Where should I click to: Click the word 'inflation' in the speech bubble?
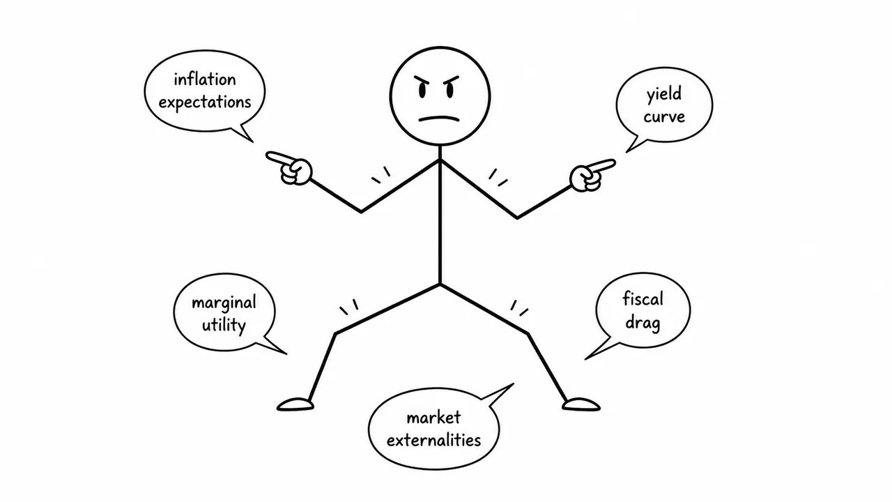tap(205, 79)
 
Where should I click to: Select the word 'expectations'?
tap(205, 102)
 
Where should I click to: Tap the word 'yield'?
tap(664, 95)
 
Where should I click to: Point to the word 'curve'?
tap(664, 116)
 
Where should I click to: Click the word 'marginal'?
tap(224, 303)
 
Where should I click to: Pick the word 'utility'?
tap(224, 325)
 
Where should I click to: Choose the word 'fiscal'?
tap(643, 299)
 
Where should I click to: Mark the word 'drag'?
tap(643, 322)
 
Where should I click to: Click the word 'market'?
tap(433, 418)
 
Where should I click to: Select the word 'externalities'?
tap(433, 440)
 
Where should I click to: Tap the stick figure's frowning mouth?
tap(439, 119)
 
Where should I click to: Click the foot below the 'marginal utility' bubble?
tap(295, 404)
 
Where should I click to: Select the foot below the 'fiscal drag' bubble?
tap(581, 404)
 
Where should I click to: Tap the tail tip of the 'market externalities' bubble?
tap(514, 383)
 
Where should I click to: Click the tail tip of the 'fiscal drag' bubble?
tap(585, 359)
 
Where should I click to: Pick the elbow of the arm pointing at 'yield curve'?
tap(517, 218)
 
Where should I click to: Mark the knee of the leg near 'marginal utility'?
tap(336, 333)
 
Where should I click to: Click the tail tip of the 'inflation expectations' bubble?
tap(253, 142)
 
